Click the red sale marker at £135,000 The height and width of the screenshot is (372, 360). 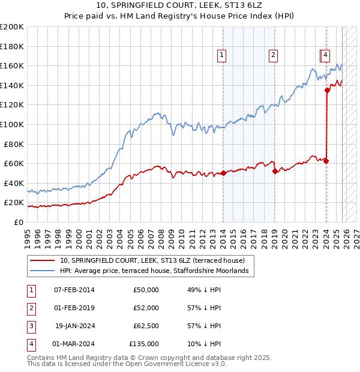328,90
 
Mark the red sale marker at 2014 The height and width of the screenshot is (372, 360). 223,173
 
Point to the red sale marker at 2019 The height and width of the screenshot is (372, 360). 275,171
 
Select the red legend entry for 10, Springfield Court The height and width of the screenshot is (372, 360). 152,261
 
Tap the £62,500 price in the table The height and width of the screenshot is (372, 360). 143,326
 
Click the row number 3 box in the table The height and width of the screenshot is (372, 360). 30,326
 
